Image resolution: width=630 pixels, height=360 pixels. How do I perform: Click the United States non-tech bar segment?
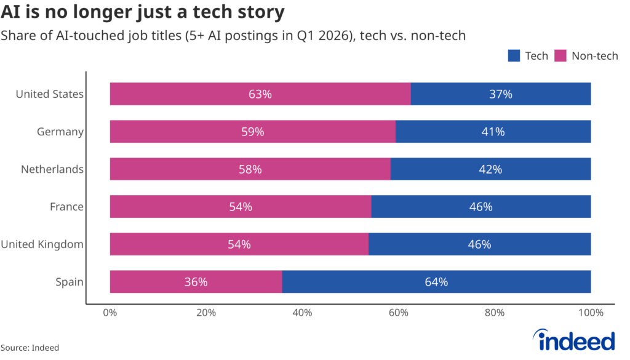[x=260, y=94]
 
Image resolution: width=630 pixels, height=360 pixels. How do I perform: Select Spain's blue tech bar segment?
[x=436, y=282]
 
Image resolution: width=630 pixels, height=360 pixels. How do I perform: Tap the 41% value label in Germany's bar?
[x=493, y=132]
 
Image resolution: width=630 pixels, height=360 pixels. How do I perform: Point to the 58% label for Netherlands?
[x=250, y=169]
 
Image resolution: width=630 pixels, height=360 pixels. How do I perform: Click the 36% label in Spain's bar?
[x=196, y=282]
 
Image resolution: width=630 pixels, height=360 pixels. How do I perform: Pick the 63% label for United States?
[x=260, y=94]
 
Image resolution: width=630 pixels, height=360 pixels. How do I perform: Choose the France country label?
[x=66, y=207]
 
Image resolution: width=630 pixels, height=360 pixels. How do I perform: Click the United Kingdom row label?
[x=42, y=244]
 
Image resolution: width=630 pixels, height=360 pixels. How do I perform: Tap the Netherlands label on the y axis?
[x=52, y=169]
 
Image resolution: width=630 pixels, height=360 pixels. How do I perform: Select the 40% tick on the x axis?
[x=302, y=313]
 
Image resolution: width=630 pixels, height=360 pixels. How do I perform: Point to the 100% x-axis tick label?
[x=591, y=313]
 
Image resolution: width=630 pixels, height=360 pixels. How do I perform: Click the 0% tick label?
[x=110, y=313]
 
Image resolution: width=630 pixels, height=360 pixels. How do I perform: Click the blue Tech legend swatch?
[x=514, y=56]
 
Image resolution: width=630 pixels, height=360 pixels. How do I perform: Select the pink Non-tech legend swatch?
[x=560, y=56]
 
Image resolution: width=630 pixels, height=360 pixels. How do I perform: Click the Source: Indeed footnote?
[x=30, y=348]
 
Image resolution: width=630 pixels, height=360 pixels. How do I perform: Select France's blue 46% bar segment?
[x=481, y=207]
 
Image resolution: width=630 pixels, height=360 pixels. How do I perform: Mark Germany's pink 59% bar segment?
[x=253, y=132]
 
